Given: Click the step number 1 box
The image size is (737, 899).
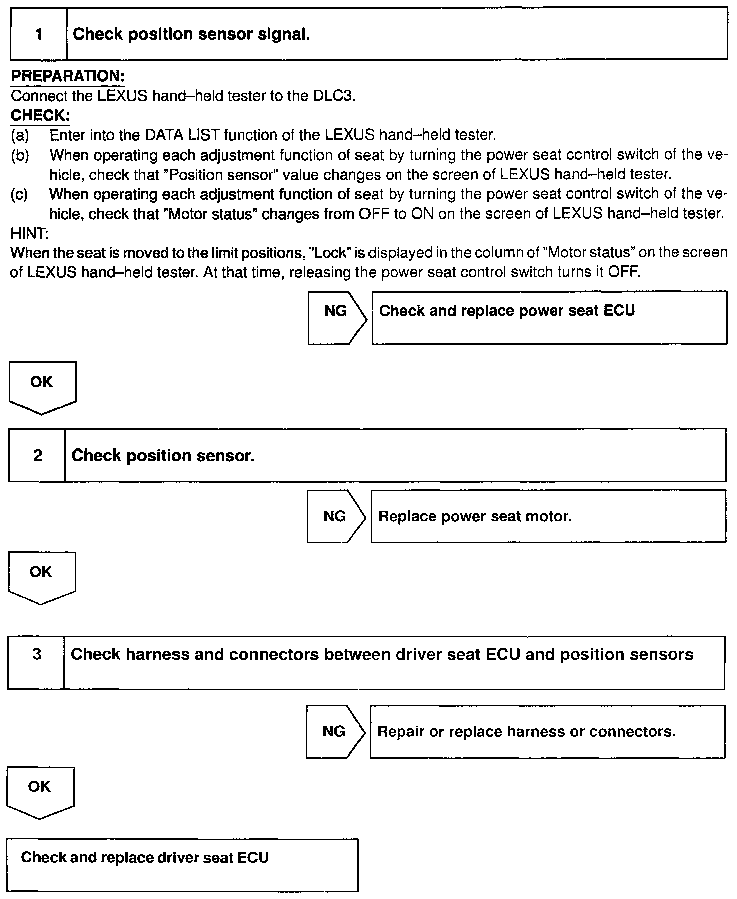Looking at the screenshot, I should pos(39,34).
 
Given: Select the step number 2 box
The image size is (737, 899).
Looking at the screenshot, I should pos(37,455).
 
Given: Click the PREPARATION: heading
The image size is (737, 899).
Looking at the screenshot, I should pos(67,76).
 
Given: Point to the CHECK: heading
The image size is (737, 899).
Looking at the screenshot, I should pos(40,115).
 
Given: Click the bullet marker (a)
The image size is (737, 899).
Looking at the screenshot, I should pos(20,135).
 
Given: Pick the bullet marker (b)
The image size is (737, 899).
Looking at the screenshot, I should pos(20,155).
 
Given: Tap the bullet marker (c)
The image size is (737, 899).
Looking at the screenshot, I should pos(20,194).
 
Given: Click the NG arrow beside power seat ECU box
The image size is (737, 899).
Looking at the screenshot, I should pos(337,318).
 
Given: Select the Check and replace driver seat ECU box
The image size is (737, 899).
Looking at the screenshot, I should pos(183,864).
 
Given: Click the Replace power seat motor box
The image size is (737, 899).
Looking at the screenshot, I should pos(548,516).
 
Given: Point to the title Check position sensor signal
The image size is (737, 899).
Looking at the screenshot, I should pos(191,34).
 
